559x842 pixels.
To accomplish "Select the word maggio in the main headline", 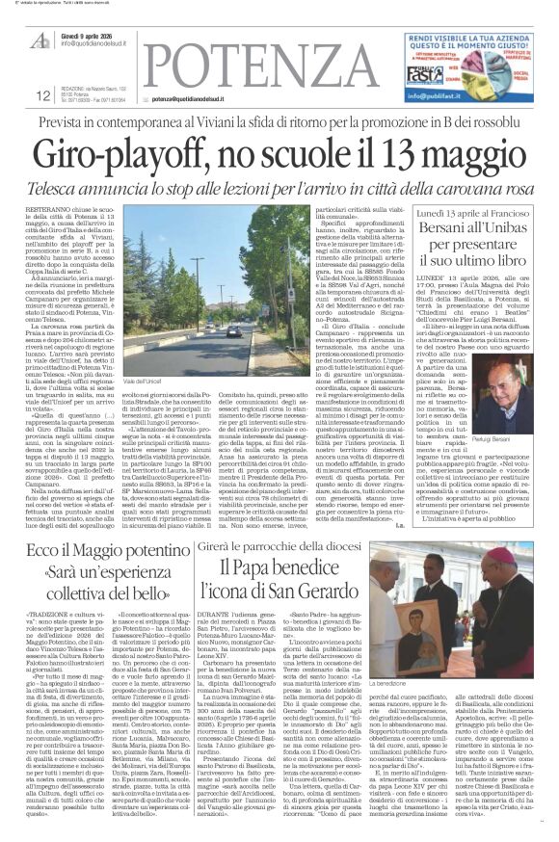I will pos(476,154).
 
